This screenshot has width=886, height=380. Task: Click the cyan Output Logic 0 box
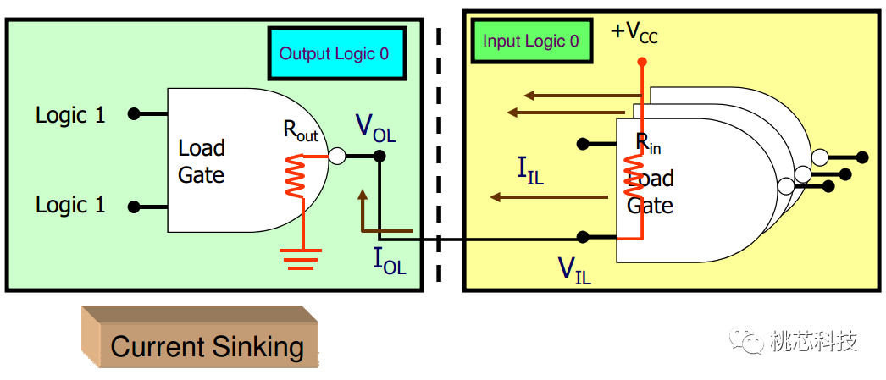pyautogui.click(x=336, y=53)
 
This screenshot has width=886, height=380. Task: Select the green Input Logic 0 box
pyautogui.click(x=531, y=41)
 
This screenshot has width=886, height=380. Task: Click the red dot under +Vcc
pyautogui.click(x=642, y=62)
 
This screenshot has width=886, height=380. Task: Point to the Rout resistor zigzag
pyautogui.click(x=295, y=176)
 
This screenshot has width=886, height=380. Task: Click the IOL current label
pyautogui.click(x=390, y=260)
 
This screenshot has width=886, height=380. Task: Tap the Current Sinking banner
pyautogui.click(x=206, y=346)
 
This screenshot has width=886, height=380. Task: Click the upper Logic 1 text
pyautogui.click(x=70, y=115)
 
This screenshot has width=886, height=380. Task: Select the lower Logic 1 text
pyautogui.click(x=70, y=205)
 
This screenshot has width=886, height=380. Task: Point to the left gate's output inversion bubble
pyautogui.click(x=337, y=156)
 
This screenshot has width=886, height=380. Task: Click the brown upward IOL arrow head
pyautogui.click(x=363, y=195)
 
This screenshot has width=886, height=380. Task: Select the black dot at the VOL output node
pyautogui.click(x=379, y=156)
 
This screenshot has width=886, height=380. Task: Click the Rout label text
pyautogui.click(x=300, y=131)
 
